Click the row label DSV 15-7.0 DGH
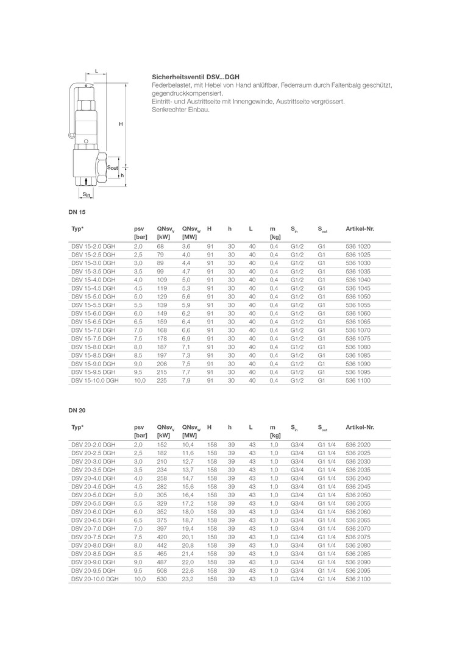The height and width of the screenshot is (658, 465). (x=93, y=330)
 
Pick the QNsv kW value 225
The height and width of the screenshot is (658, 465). (x=162, y=380)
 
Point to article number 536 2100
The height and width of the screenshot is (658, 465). (x=358, y=579)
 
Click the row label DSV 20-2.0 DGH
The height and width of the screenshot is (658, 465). (x=93, y=445)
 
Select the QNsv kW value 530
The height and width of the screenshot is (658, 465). (x=162, y=579)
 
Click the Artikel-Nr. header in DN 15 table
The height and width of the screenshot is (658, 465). (x=360, y=228)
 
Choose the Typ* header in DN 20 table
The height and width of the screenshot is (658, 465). (x=77, y=427)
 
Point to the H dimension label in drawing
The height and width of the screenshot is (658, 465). (x=121, y=124)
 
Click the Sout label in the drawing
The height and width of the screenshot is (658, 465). (x=113, y=166)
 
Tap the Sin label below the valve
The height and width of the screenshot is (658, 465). (x=87, y=194)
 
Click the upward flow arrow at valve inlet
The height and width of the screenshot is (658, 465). (x=87, y=181)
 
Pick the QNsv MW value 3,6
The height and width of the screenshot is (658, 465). (x=186, y=246)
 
